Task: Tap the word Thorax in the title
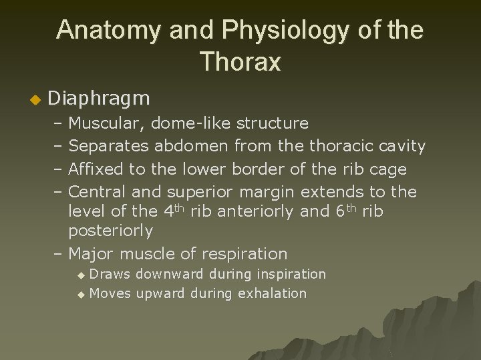pyautogui.click(x=240, y=62)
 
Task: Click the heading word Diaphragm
pyautogui.click(x=100, y=99)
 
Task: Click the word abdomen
pyautogui.click(x=194, y=145)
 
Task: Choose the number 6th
pyautogui.click(x=347, y=211)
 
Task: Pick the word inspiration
pyautogui.click(x=285, y=274)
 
